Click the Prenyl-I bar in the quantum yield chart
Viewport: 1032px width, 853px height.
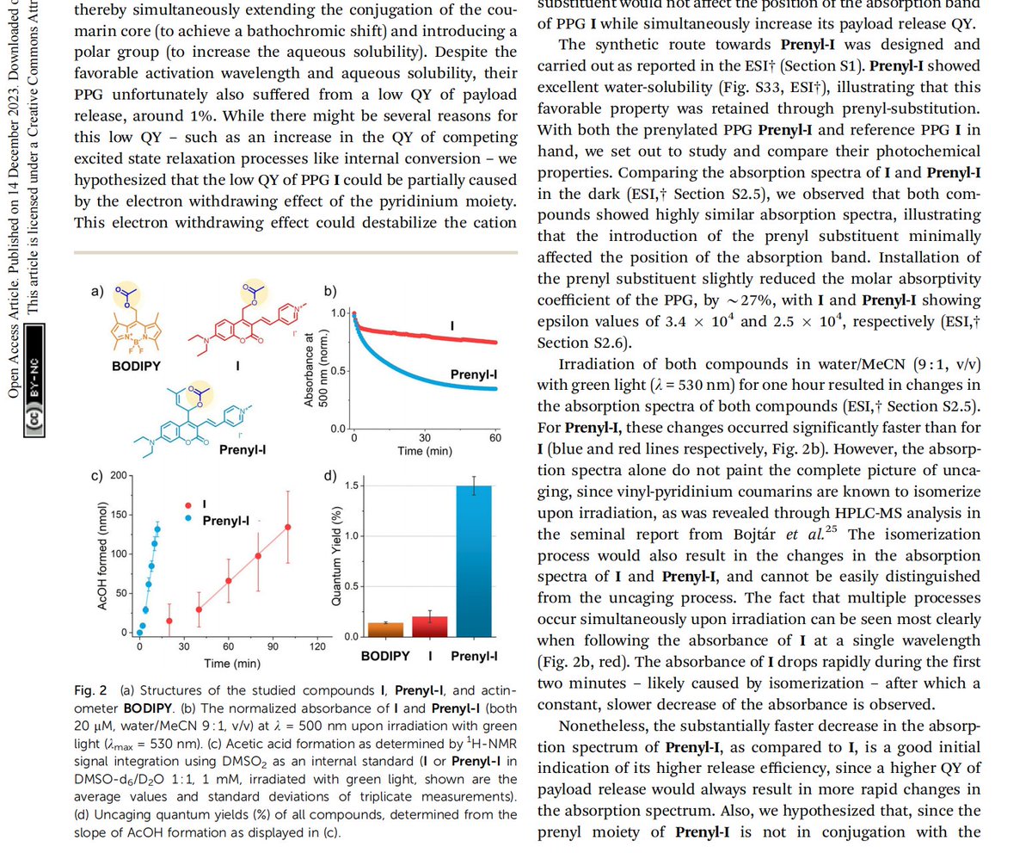(473, 559)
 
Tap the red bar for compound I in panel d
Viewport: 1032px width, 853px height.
(429, 626)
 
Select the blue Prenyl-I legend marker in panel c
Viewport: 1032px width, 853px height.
(189, 520)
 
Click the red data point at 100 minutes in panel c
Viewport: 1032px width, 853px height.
(287, 527)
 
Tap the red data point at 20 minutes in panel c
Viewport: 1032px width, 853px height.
(169, 621)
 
